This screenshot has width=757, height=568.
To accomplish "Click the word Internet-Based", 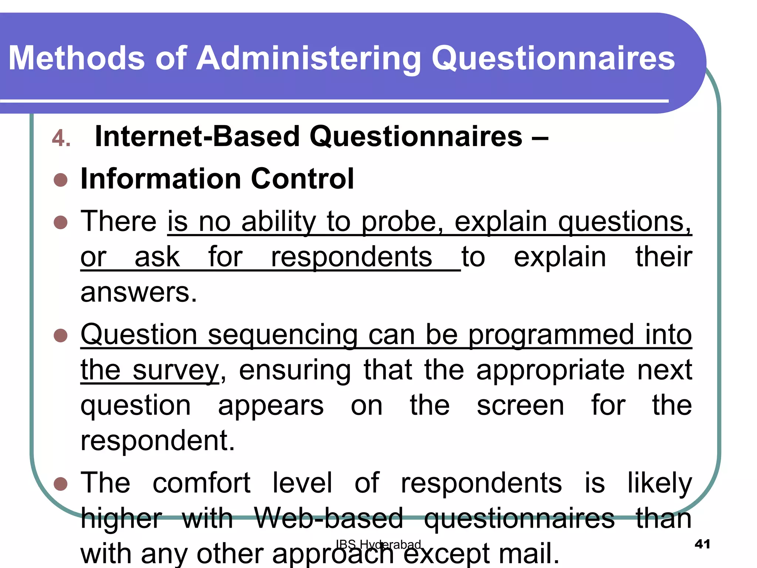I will click(x=196, y=136).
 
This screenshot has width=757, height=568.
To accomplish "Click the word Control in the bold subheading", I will click(x=302, y=179).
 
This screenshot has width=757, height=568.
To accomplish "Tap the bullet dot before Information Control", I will click(x=60, y=180).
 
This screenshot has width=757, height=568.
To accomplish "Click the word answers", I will click(x=139, y=292).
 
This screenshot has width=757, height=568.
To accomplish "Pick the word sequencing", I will click(x=283, y=335).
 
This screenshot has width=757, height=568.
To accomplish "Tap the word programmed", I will click(x=551, y=335).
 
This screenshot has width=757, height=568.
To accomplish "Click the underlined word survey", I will click(x=176, y=370).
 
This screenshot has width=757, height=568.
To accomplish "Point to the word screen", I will click(x=520, y=405).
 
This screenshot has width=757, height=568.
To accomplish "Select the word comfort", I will click(x=202, y=483).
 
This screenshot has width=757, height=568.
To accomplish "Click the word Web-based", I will click(x=329, y=518).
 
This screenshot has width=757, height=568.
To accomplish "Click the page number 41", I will click(x=702, y=544).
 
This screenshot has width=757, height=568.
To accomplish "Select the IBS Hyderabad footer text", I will click(x=378, y=544).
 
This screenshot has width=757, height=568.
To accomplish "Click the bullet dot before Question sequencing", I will click(x=60, y=335).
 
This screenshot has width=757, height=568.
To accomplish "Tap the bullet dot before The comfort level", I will click(x=60, y=484).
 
